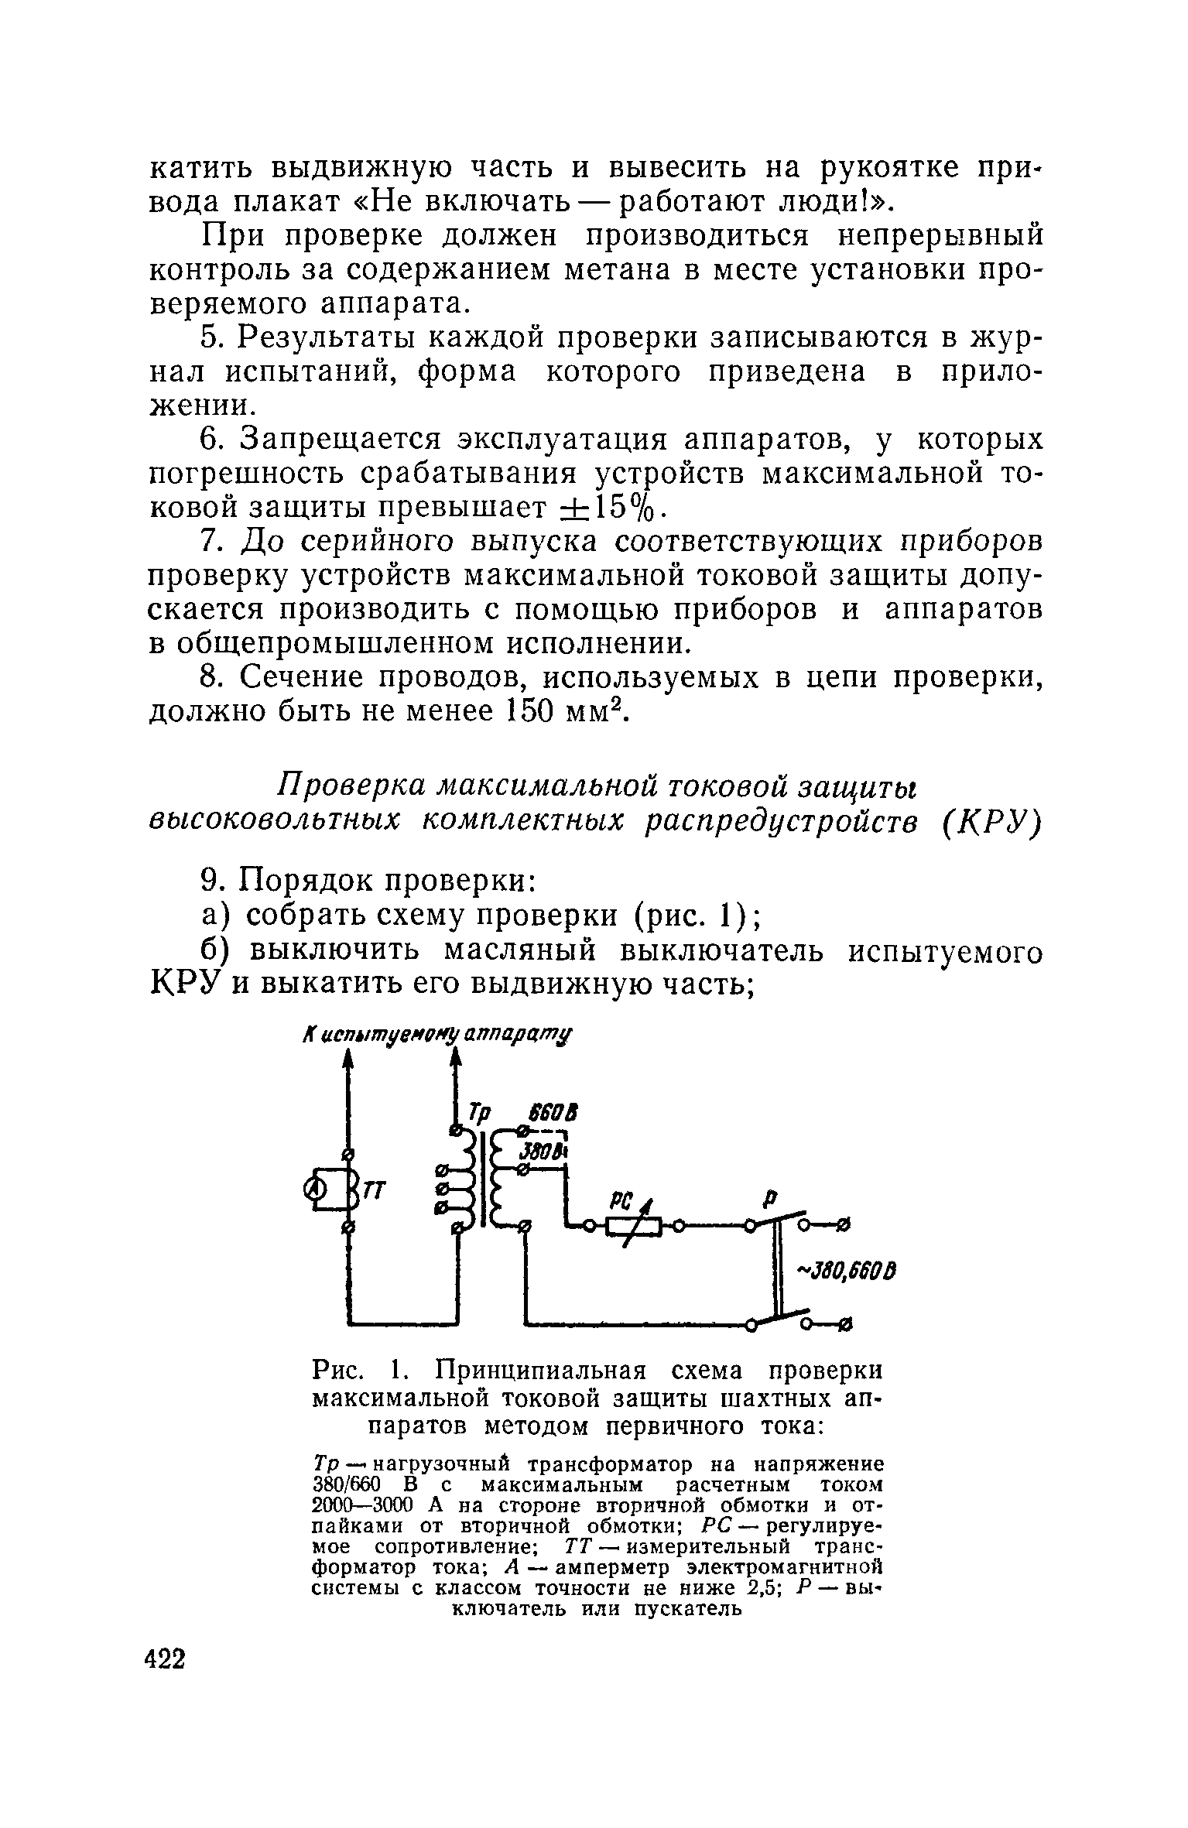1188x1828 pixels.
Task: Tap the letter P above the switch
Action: click(769, 1199)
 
